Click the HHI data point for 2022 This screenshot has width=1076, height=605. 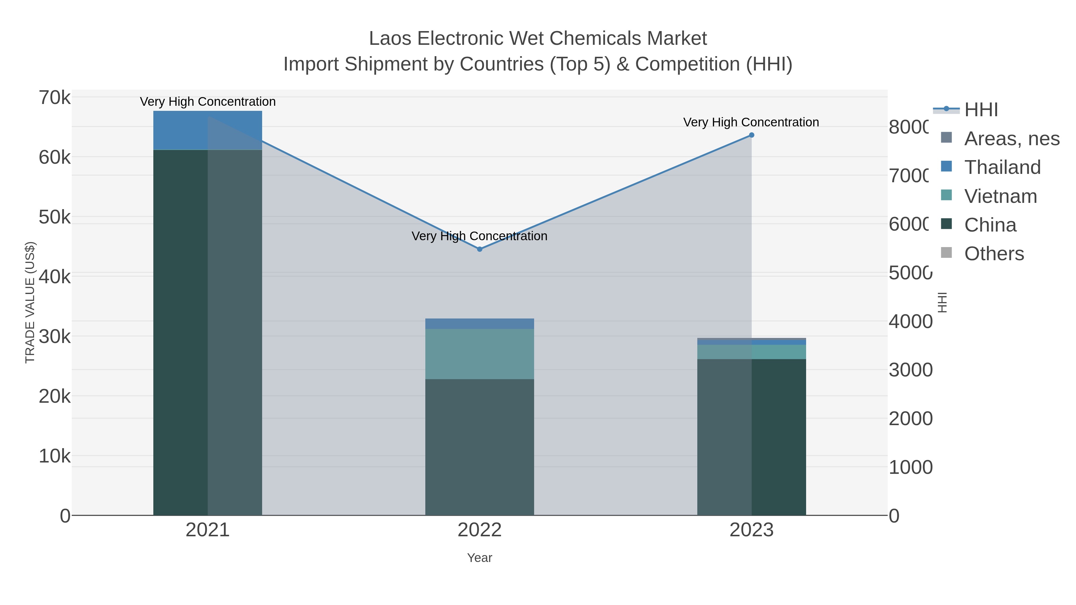point(479,249)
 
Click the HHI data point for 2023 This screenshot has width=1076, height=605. point(751,135)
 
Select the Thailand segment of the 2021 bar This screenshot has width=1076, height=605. point(208,130)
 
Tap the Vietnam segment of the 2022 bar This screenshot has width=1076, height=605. point(479,354)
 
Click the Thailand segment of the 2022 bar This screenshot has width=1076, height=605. point(479,324)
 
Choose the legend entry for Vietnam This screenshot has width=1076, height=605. point(1000,196)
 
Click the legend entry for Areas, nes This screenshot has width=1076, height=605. point(1011,139)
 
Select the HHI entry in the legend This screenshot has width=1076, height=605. point(981,110)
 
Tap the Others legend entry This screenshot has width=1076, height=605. point(994,254)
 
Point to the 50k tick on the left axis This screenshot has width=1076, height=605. point(55,217)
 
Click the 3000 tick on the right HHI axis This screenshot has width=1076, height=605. point(910,370)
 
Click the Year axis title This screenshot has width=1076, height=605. point(479,558)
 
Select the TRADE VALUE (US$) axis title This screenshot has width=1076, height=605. point(30,302)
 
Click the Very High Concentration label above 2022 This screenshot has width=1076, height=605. point(479,236)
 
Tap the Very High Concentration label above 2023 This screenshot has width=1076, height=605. point(751,122)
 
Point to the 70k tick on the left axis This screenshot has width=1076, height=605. point(55,98)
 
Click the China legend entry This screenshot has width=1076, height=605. point(990,225)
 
